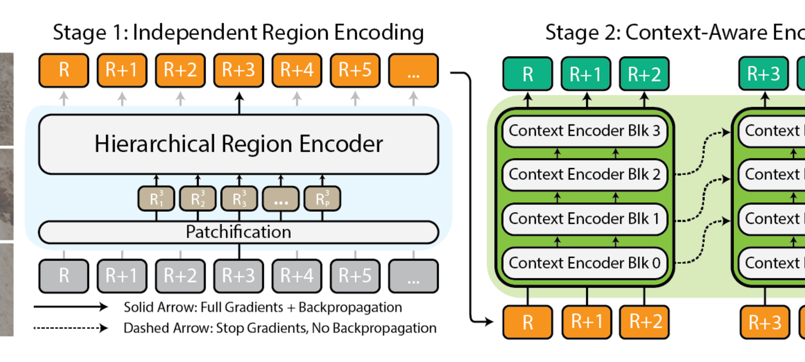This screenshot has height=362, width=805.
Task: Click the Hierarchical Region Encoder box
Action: point(238,144)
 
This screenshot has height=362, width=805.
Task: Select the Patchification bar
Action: point(238,232)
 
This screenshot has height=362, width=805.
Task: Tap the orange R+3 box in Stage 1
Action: point(238,70)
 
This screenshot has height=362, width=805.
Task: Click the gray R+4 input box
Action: point(297,275)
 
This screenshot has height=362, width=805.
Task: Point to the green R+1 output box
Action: point(586,74)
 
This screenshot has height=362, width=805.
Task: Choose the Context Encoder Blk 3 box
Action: point(584,131)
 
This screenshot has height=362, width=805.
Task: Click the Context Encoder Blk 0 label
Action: point(584,263)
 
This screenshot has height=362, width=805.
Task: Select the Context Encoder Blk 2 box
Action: point(584,175)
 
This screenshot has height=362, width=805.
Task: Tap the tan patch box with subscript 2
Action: point(197,199)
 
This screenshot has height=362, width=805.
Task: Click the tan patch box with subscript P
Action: point(322,199)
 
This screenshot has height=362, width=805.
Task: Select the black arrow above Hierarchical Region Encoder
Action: point(239,103)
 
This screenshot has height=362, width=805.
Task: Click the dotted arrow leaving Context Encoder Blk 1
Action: point(702,220)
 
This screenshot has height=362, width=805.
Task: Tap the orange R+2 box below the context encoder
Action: point(644,322)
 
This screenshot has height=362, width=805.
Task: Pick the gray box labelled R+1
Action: point(122,275)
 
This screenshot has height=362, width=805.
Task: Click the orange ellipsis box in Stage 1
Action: point(413,70)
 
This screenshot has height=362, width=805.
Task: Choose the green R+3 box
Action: point(763,74)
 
